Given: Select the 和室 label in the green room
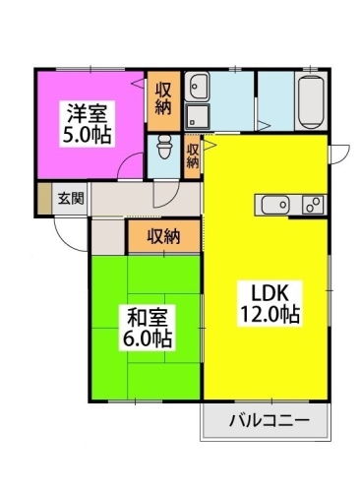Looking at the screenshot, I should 147,317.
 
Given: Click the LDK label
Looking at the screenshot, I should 267,293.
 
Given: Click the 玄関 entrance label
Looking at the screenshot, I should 70,198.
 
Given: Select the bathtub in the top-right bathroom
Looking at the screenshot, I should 311,100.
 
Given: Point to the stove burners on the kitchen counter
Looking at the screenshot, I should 312,205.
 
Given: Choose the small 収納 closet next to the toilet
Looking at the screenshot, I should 194,155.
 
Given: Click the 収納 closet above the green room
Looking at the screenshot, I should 163,235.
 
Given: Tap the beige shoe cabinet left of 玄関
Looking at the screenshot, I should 44,198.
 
